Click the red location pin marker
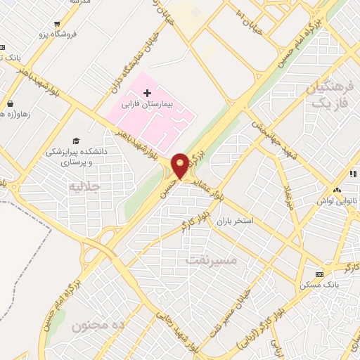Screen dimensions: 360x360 [x=180, y=166]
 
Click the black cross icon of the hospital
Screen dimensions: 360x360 [x=147, y=92]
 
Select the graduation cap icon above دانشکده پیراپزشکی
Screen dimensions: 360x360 [x=75, y=141]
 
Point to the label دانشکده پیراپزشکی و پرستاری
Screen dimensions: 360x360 [x=75, y=155]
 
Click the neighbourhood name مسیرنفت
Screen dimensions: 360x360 [x=213, y=260]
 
